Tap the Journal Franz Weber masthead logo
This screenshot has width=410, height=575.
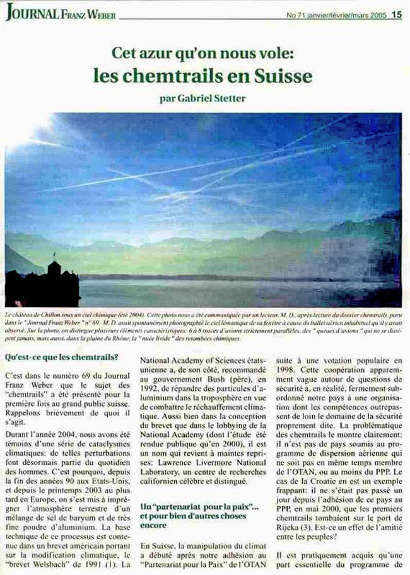61,15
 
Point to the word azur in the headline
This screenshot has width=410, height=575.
166,53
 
